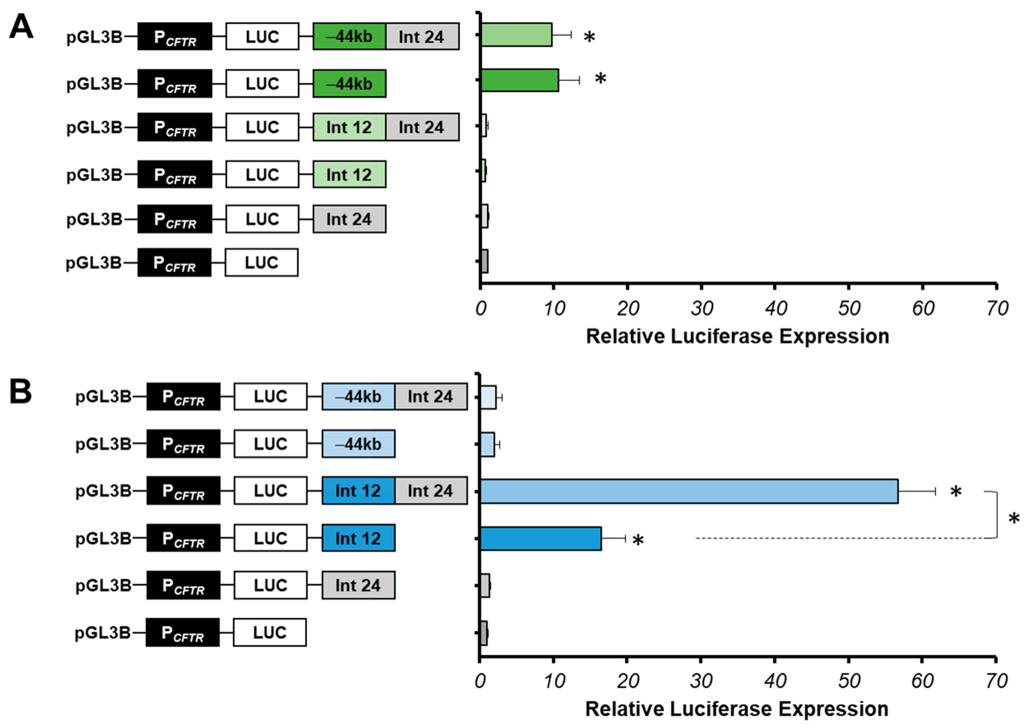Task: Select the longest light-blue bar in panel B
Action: [x=689, y=491]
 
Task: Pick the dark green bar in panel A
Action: [x=520, y=80]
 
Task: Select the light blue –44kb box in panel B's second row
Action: [x=358, y=444]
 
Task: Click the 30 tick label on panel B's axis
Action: [x=701, y=681]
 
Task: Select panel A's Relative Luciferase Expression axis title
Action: [x=738, y=336]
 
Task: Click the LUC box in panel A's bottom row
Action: [x=261, y=263]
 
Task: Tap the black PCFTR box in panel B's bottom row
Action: [x=183, y=633]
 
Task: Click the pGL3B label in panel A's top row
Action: [x=94, y=37]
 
